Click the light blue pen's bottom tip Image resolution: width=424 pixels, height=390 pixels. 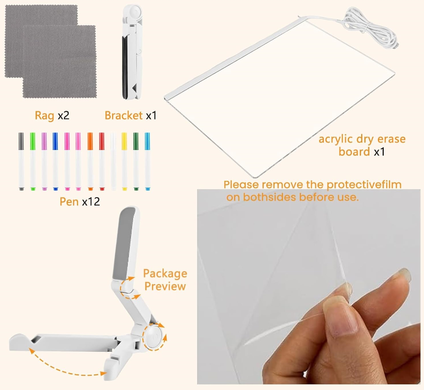(147, 188)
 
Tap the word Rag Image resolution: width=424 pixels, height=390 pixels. (45, 115)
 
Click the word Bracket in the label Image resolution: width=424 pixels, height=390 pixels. (124, 115)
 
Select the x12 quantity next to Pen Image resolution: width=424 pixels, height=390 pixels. (91, 201)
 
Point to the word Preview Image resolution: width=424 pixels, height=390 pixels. (165, 286)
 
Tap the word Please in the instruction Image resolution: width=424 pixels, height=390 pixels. (242, 185)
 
